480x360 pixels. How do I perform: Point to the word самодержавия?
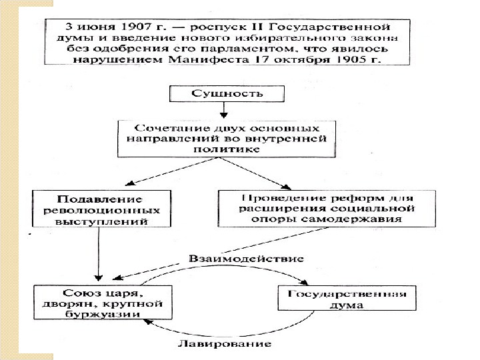point(372,218)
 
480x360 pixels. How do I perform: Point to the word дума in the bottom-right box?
point(346,306)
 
